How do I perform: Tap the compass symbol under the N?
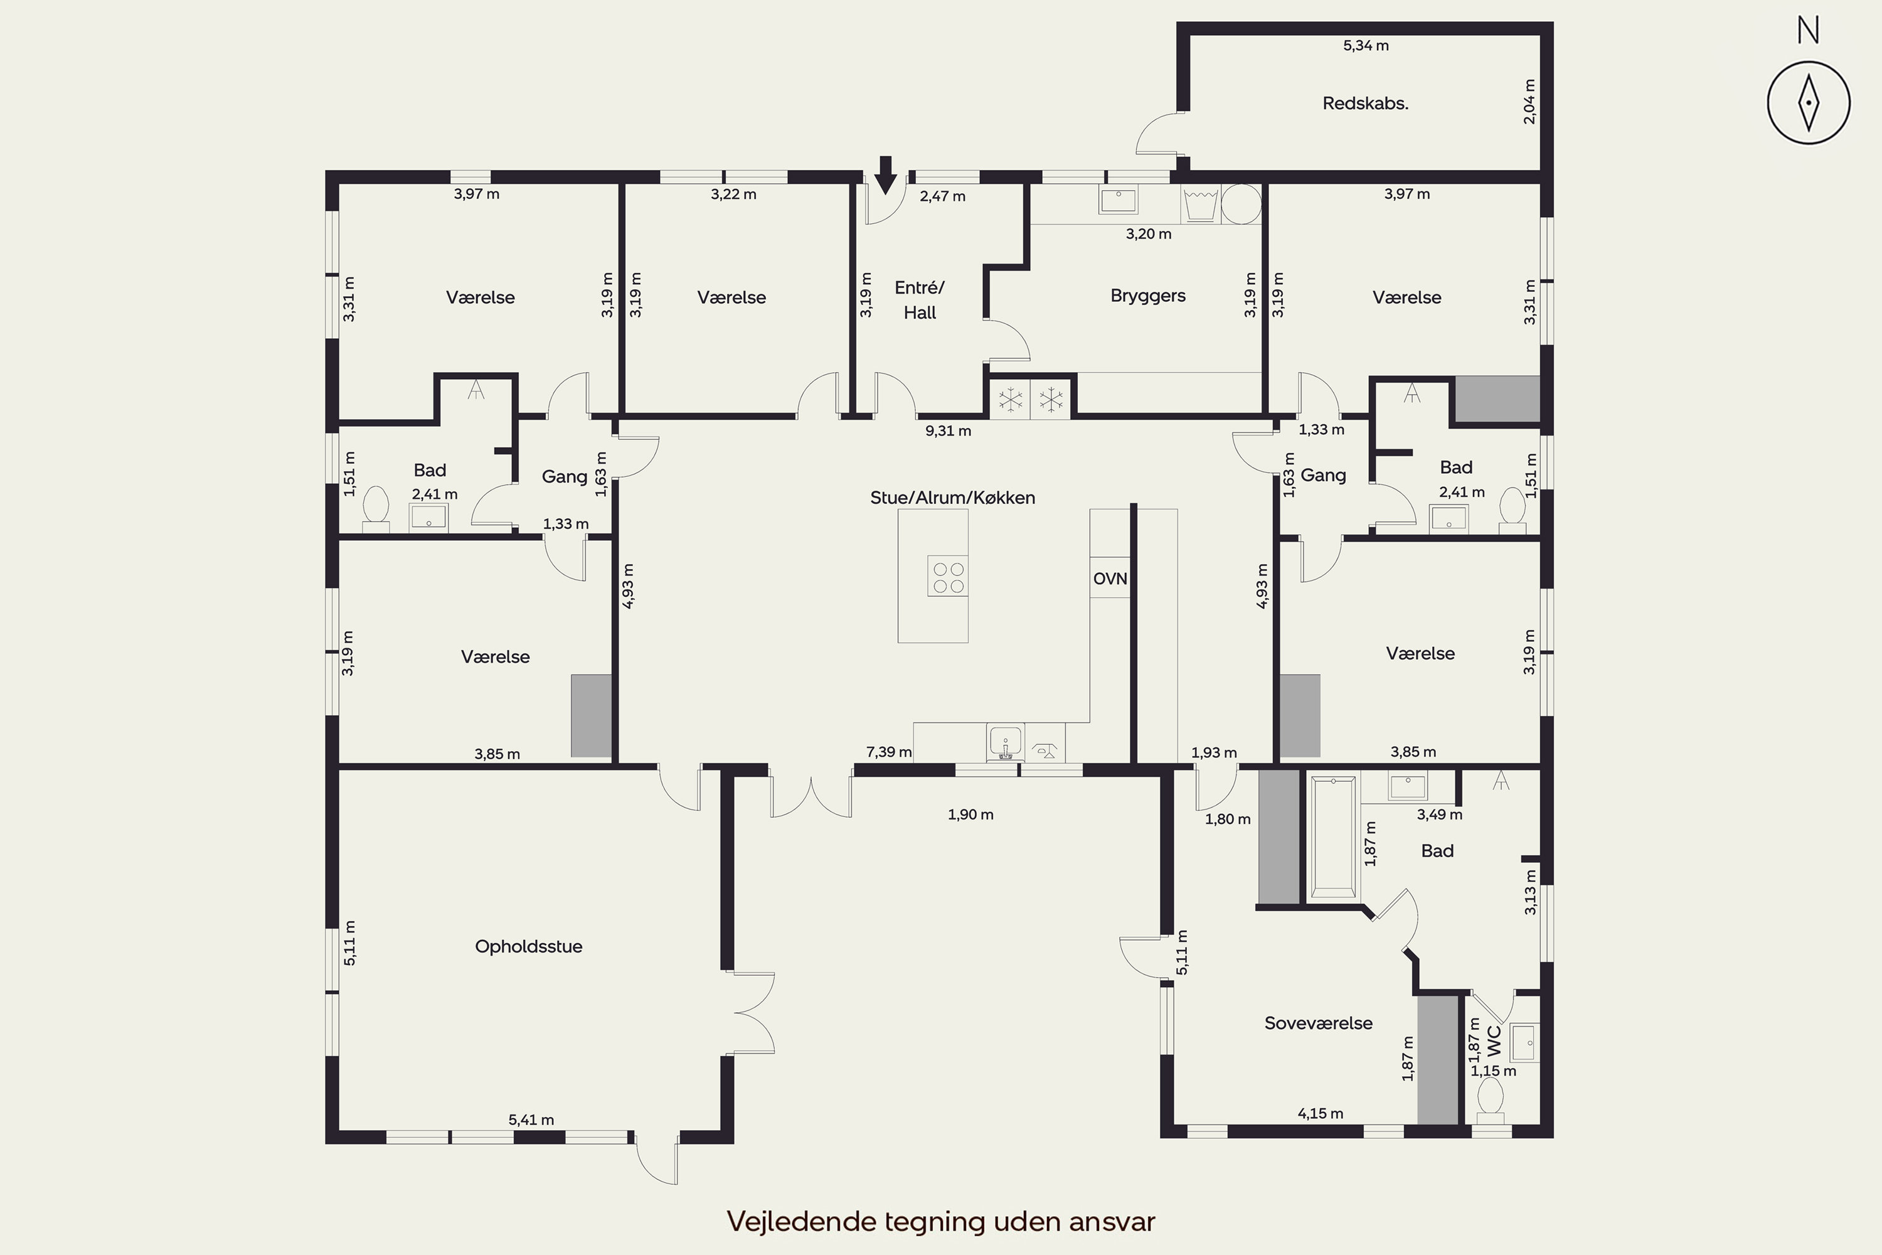[1809, 102]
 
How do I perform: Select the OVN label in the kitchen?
[1110, 579]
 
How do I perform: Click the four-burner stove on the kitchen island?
[948, 576]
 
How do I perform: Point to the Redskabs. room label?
[1365, 104]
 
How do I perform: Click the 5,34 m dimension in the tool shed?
[1366, 46]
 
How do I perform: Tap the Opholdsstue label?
[528, 947]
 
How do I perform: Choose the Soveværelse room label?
[1318, 1023]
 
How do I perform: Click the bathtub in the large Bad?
[1333, 837]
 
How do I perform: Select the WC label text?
[1494, 1041]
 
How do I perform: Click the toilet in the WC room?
[1490, 1101]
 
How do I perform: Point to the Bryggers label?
[1147, 296]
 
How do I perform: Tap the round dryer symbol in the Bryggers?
[1241, 203]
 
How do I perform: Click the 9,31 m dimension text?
[948, 432]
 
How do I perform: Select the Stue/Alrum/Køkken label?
[952, 498]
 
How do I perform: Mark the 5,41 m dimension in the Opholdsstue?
[531, 1119]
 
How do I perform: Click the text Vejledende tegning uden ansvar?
[941, 1221]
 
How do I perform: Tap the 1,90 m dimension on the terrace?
[970, 814]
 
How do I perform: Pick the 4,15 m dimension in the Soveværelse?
[1321, 1113]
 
